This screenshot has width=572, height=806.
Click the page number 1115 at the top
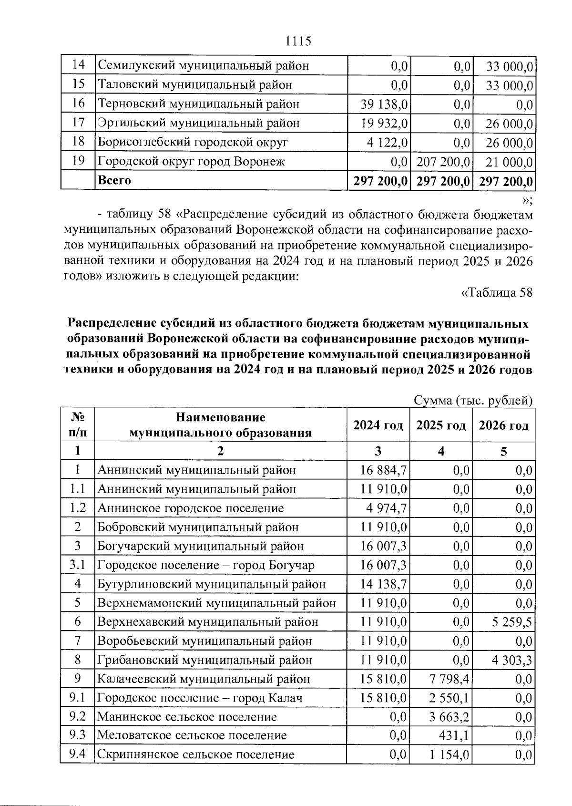click(298, 41)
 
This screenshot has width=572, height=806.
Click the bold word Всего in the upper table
click(114, 180)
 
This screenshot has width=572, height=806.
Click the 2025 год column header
click(441, 425)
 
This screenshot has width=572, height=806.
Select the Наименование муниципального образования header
click(221, 425)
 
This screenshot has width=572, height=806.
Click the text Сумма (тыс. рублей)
click(473, 401)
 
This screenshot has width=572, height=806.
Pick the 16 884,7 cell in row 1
click(384, 470)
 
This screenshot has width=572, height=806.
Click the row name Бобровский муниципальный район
click(198, 527)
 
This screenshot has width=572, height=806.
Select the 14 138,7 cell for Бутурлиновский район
click(384, 584)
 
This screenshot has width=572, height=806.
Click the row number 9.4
click(77, 754)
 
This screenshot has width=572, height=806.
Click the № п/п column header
click(77, 425)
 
